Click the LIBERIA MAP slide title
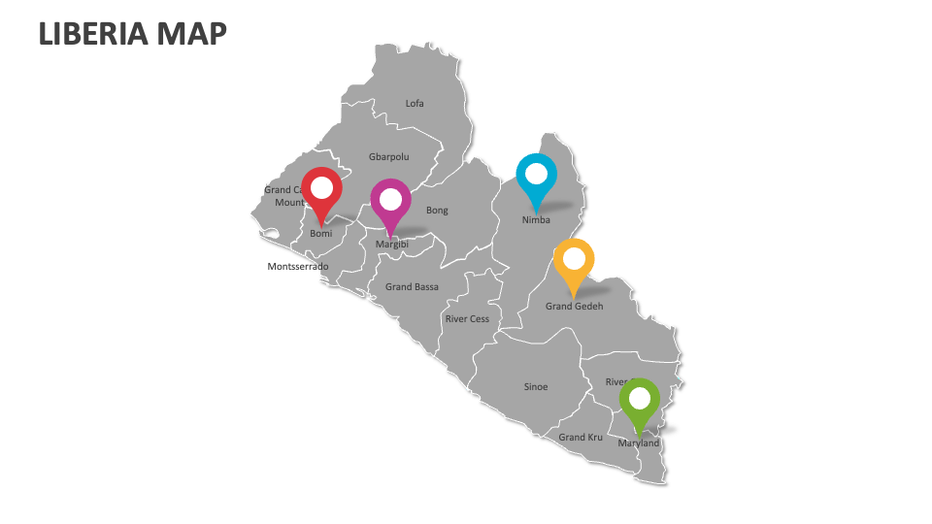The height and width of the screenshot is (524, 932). click(133, 33)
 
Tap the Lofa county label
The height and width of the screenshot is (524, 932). click(415, 103)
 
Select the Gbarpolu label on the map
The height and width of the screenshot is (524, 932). click(388, 156)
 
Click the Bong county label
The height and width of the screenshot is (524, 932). click(437, 210)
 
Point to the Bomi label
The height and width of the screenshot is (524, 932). click(320, 234)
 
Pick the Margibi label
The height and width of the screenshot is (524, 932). click(392, 245)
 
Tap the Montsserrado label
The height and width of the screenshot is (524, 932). click(298, 266)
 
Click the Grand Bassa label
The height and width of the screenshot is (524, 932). click(412, 286)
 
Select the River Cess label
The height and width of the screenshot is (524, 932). click(467, 318)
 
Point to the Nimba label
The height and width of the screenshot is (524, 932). click(536, 219)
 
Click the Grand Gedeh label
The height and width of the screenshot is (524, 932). click(574, 306)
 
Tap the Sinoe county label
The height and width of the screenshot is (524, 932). click(536, 386)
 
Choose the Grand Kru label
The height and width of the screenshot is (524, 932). click(581, 437)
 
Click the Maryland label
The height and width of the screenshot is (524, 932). click(638, 442)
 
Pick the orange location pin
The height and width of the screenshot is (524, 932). click(574, 259)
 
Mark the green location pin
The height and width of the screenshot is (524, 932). click(640, 399)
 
